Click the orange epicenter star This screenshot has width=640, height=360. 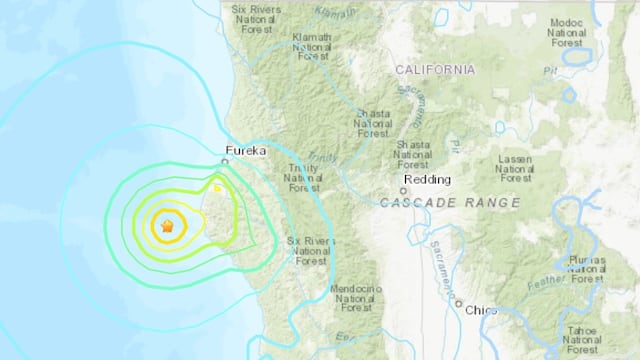point(167,227)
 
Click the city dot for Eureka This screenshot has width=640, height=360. point(226,160)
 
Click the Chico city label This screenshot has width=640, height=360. point(483,310)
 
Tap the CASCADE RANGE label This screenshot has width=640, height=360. point(450,203)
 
